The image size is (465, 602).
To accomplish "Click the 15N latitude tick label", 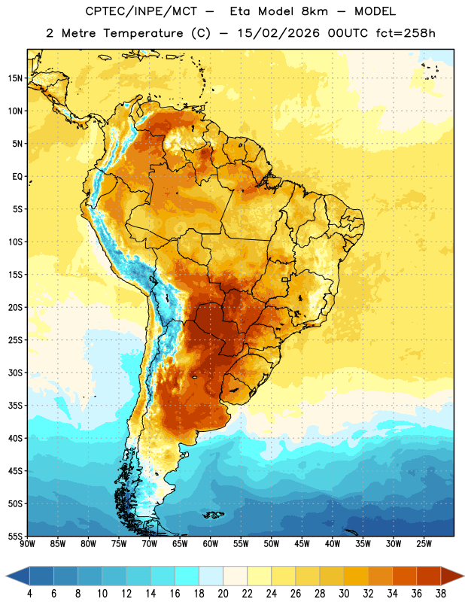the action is (x=15, y=78).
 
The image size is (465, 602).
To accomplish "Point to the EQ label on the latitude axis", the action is (x=17, y=177).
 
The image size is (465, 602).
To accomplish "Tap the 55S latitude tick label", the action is (x=15, y=536).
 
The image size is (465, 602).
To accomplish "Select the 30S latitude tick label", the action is (x=15, y=372).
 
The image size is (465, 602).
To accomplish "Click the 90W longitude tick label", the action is (x=27, y=544).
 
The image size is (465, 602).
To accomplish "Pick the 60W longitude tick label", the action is (x=211, y=544).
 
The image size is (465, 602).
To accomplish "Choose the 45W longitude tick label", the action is (x=302, y=544).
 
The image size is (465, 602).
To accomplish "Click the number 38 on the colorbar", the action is (x=441, y=594).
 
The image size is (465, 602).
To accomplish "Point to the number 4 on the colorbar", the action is (x=29, y=594).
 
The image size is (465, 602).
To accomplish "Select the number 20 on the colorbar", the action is (x=223, y=594).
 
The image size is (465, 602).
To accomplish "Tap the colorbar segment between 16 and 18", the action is (x=187, y=576).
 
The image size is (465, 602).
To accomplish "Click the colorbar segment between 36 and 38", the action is (x=429, y=576).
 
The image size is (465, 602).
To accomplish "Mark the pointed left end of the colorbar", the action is (x=6, y=576).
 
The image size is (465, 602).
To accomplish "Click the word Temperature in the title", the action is (x=143, y=33).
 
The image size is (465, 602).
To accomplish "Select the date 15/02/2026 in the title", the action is (x=278, y=33).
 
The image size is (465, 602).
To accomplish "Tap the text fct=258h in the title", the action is (x=406, y=33).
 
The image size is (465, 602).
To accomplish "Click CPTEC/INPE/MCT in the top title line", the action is (x=141, y=11).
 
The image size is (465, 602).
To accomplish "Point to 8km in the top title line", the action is (x=315, y=11).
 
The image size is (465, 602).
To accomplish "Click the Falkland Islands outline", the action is (x=213, y=515).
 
